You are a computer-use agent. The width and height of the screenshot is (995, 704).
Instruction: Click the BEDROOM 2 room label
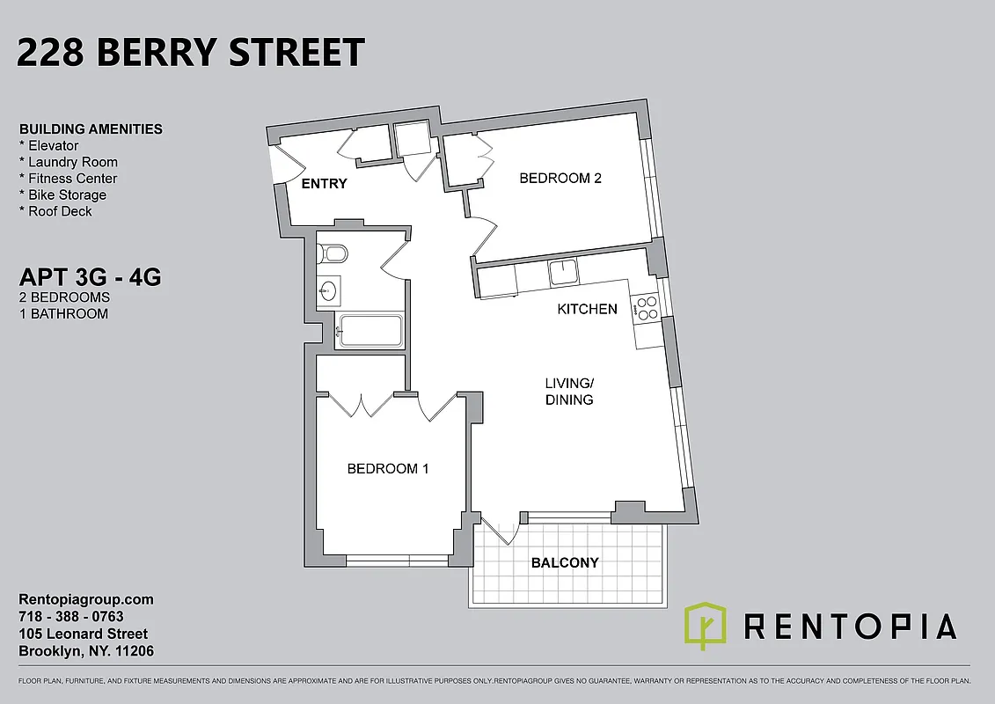(560, 178)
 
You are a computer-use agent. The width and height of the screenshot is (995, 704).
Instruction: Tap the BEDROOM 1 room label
(387, 468)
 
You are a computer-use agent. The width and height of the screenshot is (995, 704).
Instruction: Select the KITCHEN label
(587, 309)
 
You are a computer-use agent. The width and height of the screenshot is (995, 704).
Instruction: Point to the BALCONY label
(565, 562)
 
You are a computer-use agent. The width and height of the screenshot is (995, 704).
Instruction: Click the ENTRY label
(324, 184)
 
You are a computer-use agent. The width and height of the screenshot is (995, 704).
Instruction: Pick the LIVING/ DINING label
(569, 391)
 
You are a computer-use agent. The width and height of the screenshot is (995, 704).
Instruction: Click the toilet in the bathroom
(333, 254)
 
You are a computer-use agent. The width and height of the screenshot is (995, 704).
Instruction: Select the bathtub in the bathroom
(370, 332)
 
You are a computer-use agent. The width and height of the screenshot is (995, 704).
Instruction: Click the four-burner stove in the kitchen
(647, 307)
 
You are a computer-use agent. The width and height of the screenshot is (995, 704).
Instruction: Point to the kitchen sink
(564, 272)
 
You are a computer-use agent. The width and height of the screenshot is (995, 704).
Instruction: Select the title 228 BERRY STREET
(190, 53)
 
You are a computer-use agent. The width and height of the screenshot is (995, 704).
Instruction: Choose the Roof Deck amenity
(60, 211)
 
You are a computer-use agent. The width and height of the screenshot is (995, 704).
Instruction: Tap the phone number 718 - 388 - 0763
(71, 617)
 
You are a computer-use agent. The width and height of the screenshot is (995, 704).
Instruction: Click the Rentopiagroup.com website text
(86, 599)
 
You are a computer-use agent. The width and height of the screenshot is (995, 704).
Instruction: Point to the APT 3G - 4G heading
(90, 278)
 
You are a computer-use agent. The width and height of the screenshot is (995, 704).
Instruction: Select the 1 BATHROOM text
(63, 313)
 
